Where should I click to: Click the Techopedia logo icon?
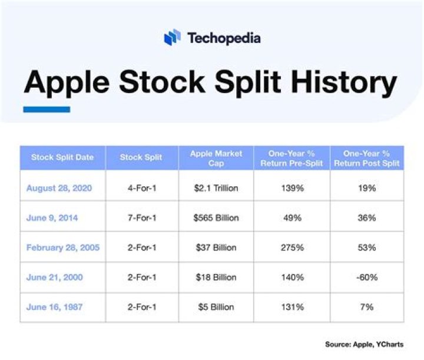tap(171, 38)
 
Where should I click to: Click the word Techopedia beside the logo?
tap(224, 39)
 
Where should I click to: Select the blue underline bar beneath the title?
tap(47, 109)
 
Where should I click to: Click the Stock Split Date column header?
tap(62, 158)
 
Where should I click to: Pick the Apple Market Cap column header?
tap(216, 158)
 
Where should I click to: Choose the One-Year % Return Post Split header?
tap(366, 158)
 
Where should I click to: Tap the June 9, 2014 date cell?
tap(52, 218)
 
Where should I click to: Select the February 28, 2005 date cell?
tap(63, 247)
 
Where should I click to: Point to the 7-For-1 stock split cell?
tap(141, 218)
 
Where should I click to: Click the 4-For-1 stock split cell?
tap(141, 188)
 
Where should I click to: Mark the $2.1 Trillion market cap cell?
tap(216, 188)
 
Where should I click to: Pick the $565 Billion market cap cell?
tap(216, 218)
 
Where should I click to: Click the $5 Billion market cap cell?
tap(216, 307)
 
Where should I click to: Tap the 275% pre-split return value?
tap(292, 247)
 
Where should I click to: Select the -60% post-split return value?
tap(366, 278)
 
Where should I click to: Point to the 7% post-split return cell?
tap(366, 307)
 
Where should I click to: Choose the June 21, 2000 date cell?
tap(54, 278)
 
